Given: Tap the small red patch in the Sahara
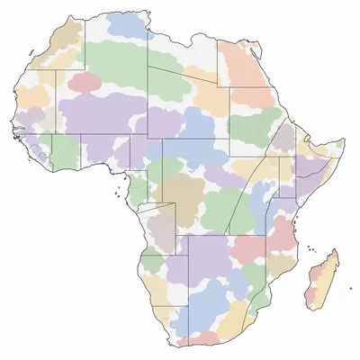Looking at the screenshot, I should click(x=85, y=83).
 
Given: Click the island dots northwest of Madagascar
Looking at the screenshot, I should click(x=310, y=249).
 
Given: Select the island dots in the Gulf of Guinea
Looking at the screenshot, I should click(x=118, y=191).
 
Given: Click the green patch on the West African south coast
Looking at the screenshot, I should click(x=66, y=150).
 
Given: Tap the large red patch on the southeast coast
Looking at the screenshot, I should click(x=281, y=236).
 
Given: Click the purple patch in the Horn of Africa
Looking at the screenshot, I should click(x=284, y=137).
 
